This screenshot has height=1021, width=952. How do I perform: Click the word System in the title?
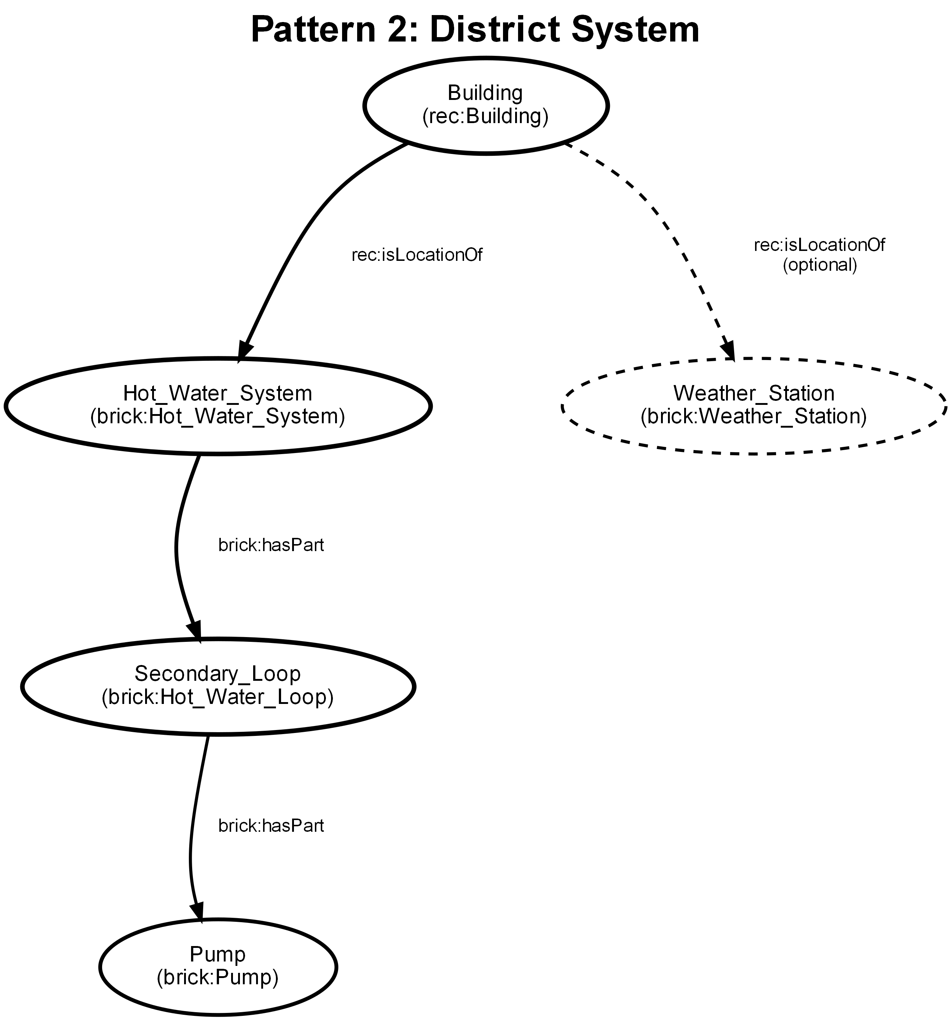(x=635, y=29)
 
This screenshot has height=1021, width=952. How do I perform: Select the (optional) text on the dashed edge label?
(x=819, y=265)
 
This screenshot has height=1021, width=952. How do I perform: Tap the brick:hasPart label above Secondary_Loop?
(x=271, y=545)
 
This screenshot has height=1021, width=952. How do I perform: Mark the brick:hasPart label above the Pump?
(x=271, y=825)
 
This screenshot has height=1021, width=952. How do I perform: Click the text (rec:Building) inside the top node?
(x=485, y=116)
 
